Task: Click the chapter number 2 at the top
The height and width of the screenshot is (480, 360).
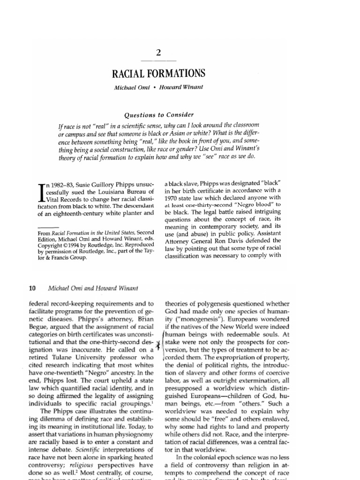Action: [x=158, y=53]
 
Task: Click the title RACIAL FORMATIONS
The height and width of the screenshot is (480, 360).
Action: [x=158, y=74]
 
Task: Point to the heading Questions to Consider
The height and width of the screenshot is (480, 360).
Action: [x=158, y=115]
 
